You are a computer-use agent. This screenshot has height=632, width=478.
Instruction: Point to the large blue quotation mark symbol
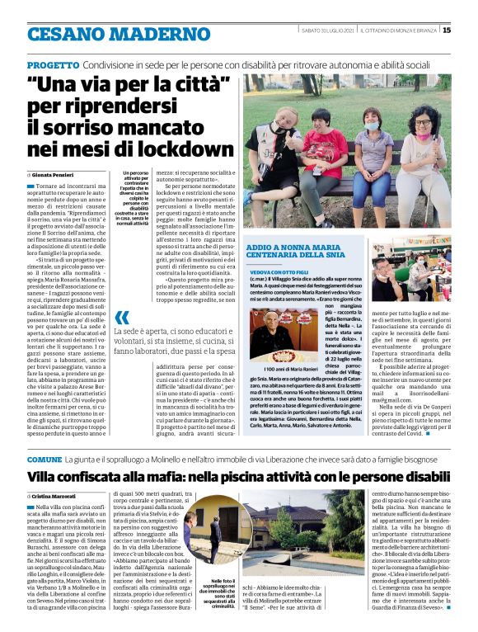point(122,318)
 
